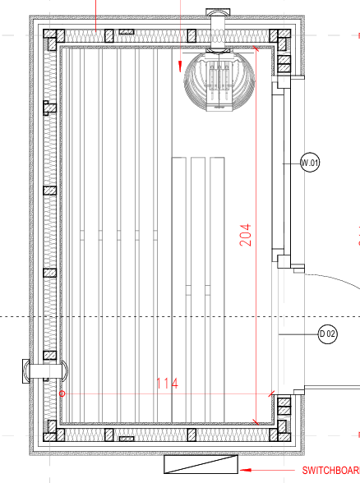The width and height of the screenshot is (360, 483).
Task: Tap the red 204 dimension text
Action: pyautogui.click(x=245, y=235)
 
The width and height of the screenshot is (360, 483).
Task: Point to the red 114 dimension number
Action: pyautogui.click(x=167, y=384)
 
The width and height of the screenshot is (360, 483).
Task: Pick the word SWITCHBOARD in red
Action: pyautogui.click(x=331, y=471)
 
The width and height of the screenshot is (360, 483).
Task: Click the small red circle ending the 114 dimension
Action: pyautogui.click(x=62, y=393)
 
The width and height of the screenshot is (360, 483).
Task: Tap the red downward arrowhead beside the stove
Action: pyautogui.click(x=180, y=67)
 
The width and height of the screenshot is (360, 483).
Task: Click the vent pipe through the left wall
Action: pyautogui.click(x=45, y=371)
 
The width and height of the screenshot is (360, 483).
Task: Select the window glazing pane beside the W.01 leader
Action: pyautogui.click(x=278, y=172)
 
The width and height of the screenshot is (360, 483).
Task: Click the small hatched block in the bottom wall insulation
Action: pyautogui.click(x=127, y=439)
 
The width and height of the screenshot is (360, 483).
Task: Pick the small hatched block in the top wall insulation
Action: pyautogui.click(x=127, y=32)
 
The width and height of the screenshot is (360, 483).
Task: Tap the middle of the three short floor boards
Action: pyautogui.click(x=198, y=289)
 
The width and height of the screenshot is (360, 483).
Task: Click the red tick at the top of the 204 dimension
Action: pyautogui.click(x=256, y=48)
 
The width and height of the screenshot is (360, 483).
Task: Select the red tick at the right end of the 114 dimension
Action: pyautogui.click(x=271, y=393)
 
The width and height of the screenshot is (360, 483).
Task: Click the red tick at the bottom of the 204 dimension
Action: pyautogui.click(x=256, y=422)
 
